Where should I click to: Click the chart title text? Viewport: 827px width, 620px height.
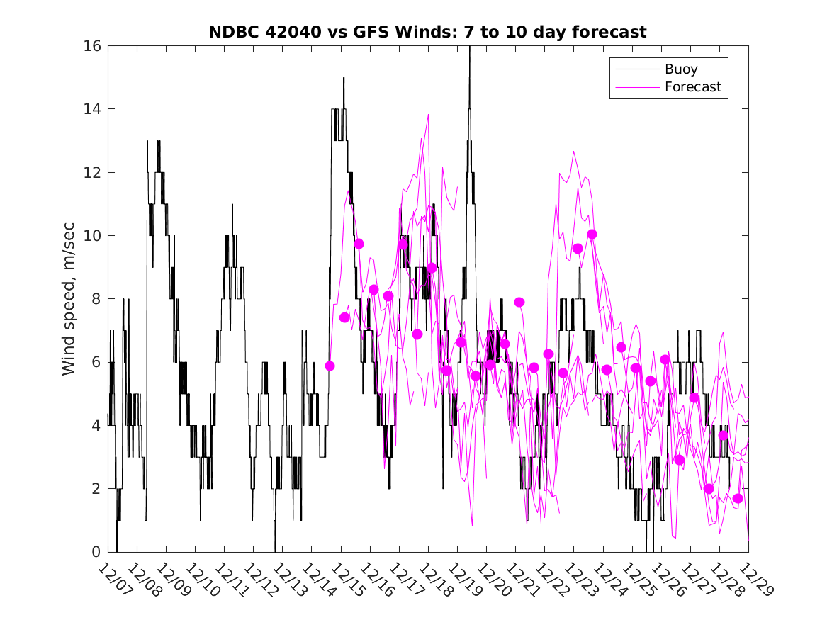pos(427,32)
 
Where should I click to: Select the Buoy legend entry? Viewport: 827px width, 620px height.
pos(680,69)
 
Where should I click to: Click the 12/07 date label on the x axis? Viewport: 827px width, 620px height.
pos(114,579)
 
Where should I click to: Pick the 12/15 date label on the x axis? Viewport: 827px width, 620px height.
pos(347,579)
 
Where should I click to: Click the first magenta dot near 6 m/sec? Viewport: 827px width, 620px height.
pos(330,366)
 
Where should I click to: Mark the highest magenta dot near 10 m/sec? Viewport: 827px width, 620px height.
pos(592,235)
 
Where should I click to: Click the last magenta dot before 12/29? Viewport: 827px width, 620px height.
pos(738,499)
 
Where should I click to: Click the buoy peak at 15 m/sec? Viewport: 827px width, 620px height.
pos(344,78)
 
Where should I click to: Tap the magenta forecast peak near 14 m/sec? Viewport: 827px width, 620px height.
pos(428,115)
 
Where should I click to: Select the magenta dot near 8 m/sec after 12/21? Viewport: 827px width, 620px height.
pos(519,302)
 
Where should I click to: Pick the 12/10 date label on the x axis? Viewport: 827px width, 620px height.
pos(201,579)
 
